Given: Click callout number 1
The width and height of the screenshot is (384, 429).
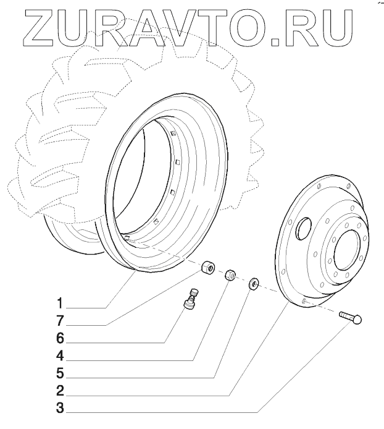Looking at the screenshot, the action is [60, 304].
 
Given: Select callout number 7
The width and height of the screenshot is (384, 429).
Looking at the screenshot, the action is [60, 321].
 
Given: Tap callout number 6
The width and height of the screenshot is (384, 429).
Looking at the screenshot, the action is [60, 339].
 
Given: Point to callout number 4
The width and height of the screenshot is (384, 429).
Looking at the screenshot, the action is [60, 356].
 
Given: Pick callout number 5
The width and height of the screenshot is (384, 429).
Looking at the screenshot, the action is [60, 373].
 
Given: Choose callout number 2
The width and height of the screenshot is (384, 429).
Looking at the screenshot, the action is [60, 391].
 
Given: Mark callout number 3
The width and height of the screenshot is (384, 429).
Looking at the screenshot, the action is [60, 408].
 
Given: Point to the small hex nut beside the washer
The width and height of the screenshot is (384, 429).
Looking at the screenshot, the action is [229, 274].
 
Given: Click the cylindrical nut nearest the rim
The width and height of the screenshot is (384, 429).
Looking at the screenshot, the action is [207, 268].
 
